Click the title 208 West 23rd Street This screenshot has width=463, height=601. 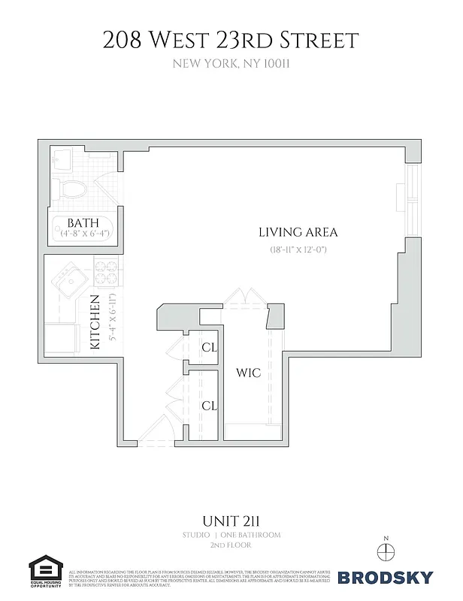(231, 40)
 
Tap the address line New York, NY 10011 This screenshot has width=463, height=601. (231, 65)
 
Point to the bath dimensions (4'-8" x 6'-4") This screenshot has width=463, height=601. (84, 234)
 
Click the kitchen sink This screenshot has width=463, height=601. (65, 282)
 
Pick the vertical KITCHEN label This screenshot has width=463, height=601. (96, 322)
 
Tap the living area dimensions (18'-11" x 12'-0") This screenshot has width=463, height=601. (298, 249)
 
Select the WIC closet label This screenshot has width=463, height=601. (248, 373)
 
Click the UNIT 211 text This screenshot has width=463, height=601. (231, 520)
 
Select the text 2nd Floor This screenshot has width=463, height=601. (231, 547)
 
